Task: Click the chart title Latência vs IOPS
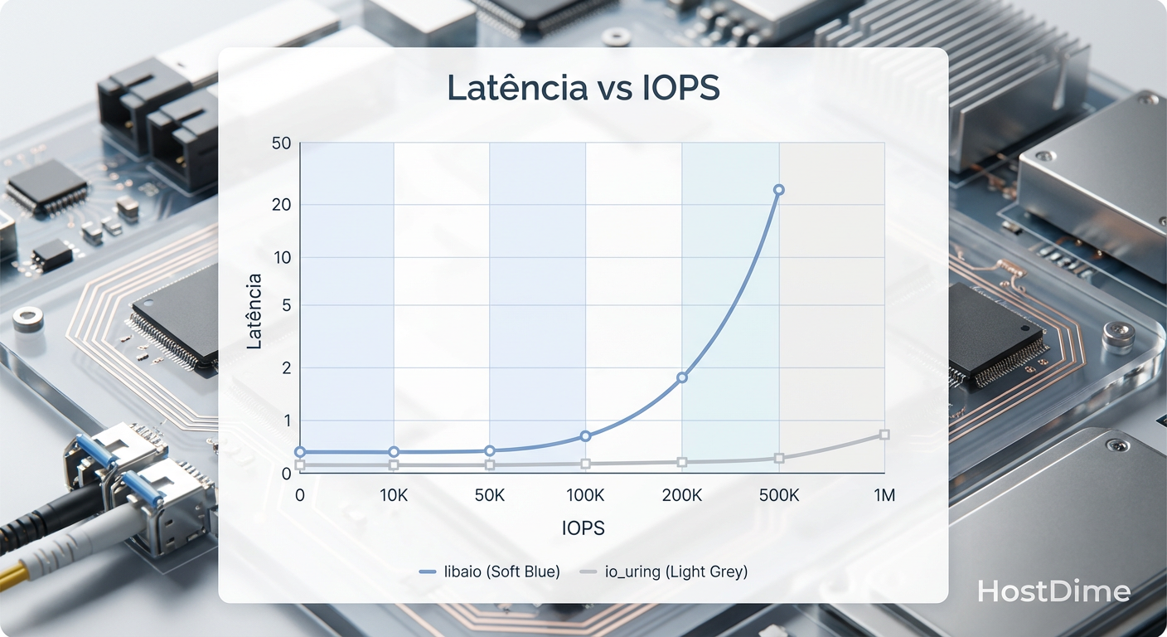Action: [583, 88]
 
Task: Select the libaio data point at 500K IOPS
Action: [778, 190]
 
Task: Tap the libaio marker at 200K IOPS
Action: [682, 377]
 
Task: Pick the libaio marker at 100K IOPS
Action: [585, 435]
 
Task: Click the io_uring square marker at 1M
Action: [884, 435]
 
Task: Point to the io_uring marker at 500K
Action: [778, 459]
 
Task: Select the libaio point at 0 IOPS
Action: [300, 452]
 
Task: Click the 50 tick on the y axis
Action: [282, 143]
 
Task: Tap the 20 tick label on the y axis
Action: [282, 204]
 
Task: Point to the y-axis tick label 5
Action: [286, 305]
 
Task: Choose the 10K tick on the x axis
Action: [394, 496]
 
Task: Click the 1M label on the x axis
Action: [884, 496]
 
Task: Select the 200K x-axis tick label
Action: [682, 496]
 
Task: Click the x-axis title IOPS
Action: [583, 528]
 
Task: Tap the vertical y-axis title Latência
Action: [254, 311]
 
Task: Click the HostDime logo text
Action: [1053, 591]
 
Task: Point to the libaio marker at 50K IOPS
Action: [490, 450]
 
